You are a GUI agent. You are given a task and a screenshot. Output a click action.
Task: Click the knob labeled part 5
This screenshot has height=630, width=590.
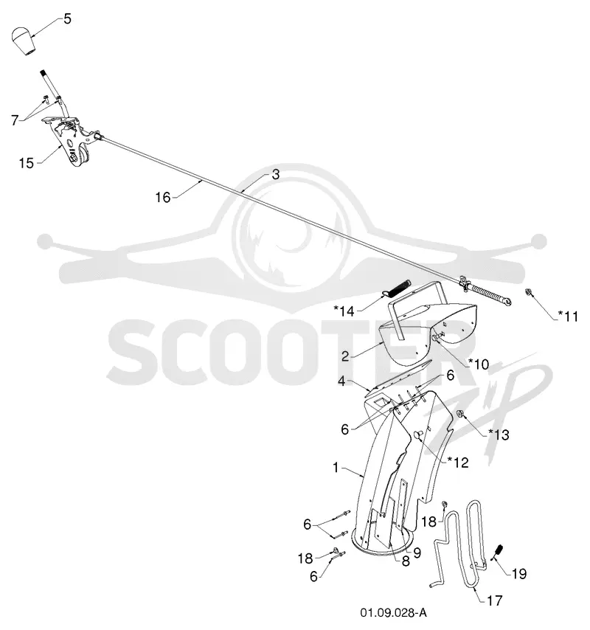coord(24,41)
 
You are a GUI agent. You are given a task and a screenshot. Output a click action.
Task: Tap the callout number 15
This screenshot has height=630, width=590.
coord(27,163)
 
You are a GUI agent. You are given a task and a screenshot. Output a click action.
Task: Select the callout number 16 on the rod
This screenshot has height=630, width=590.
coord(163,197)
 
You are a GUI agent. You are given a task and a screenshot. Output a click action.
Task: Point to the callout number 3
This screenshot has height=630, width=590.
coord(276,174)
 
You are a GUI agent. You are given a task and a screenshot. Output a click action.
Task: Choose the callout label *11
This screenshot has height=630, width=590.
coord(568,316)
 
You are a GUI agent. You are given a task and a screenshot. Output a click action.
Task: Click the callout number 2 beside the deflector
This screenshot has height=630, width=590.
coord(345,356)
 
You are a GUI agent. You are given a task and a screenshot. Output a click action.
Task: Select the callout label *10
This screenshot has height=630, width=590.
coord(479,364)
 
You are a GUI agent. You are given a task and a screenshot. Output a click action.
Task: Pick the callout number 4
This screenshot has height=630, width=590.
coord(341,381)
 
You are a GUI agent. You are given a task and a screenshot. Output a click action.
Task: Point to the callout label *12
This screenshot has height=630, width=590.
coord(458,463)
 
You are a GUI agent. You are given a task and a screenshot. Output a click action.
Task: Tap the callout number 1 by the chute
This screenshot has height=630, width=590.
coord(336,467)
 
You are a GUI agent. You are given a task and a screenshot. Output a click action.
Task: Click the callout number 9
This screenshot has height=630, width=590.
coord(417,553)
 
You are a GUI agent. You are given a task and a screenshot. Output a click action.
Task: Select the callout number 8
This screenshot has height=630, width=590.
coord(406,561)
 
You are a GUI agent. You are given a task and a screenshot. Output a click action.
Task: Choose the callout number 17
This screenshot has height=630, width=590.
coord(494,600)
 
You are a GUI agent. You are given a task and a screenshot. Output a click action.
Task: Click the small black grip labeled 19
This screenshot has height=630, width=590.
coord(499,550)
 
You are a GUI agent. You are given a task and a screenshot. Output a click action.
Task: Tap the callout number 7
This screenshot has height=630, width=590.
coord(15,120)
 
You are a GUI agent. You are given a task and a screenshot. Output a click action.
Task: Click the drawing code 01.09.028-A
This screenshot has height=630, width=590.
coord(393,613)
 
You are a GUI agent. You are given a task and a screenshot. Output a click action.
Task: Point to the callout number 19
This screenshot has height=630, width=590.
coord(519,573)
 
